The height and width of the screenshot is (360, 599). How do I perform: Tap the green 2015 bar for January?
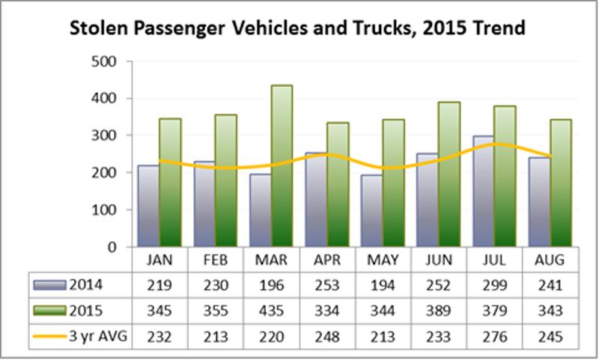(x=170, y=183)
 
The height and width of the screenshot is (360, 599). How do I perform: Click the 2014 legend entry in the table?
(x=77, y=285)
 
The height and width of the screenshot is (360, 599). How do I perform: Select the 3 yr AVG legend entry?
(x=77, y=337)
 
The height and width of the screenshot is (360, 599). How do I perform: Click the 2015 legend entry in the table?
(x=77, y=311)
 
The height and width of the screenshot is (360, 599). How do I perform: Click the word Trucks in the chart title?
(x=398, y=29)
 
